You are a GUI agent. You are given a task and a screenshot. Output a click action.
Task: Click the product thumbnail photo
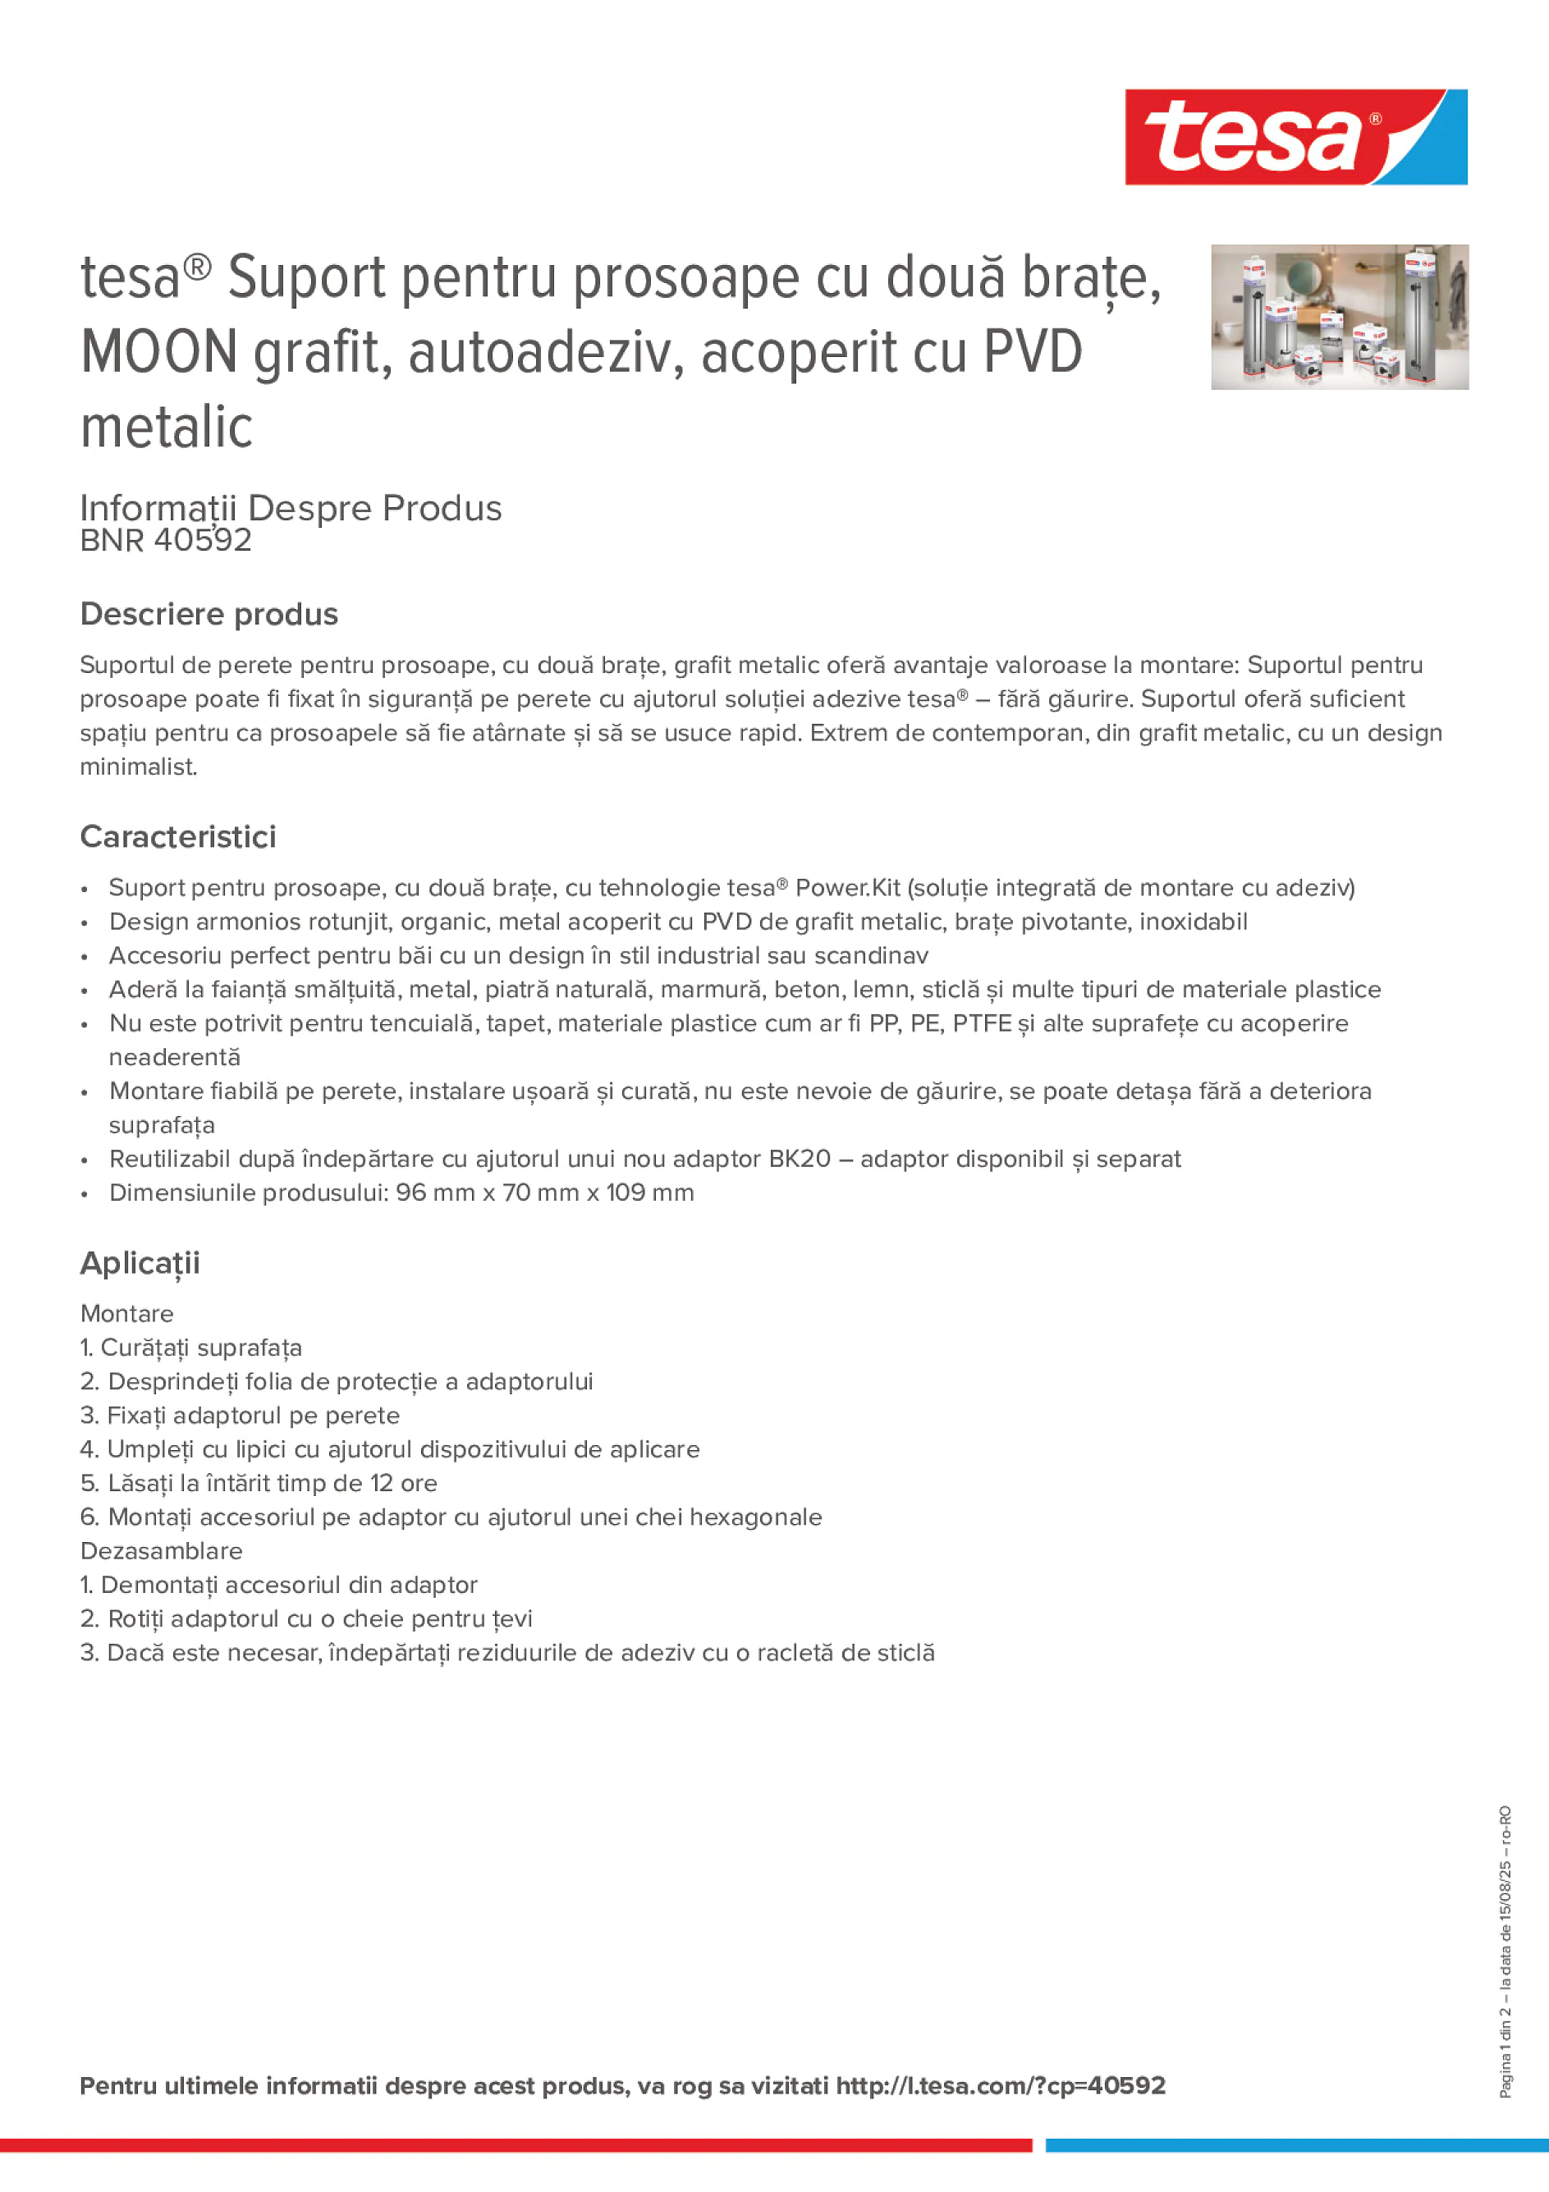point(1339,317)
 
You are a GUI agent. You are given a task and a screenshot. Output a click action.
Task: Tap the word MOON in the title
point(158,352)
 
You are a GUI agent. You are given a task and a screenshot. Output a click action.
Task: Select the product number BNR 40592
point(166,540)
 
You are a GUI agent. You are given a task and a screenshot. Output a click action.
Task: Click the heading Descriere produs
point(209,614)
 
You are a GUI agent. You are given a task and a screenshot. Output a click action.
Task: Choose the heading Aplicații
point(140,1263)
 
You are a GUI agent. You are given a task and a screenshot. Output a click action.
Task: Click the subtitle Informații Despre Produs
point(291,508)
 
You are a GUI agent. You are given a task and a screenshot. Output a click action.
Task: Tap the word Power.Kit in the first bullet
point(847,888)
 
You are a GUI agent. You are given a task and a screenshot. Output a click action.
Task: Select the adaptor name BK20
point(800,1159)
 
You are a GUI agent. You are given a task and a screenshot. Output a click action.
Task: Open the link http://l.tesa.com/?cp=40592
point(1001,2086)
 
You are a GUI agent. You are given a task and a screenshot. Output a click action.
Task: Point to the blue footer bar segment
point(1296,2145)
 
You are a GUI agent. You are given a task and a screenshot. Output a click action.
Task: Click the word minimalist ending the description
point(139,767)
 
